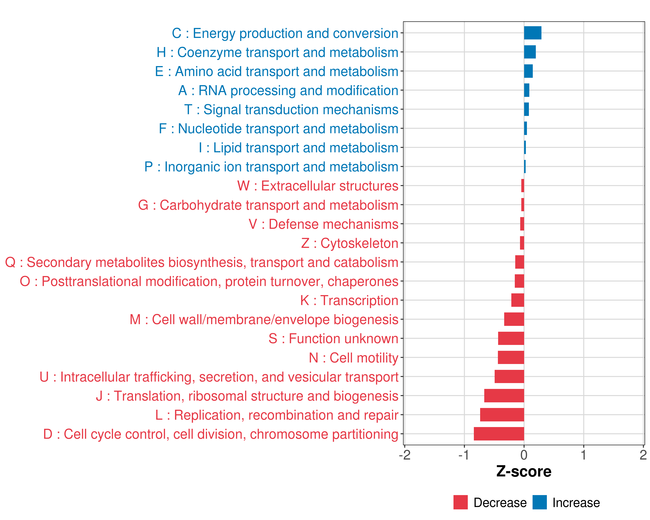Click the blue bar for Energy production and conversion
pos(532,33)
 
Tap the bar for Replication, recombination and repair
pos(502,415)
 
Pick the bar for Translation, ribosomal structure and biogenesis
pos(504,395)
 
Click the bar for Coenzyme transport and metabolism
pos(530,52)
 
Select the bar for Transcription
pos(518,300)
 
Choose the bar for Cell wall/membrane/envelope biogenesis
pos(514,319)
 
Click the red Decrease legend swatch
pos(460,502)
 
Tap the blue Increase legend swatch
pos(539,502)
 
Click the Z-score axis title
pos(524,471)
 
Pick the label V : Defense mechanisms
pos(323,224)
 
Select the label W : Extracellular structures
pos(318,186)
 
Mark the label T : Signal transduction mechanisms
pos(291,110)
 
